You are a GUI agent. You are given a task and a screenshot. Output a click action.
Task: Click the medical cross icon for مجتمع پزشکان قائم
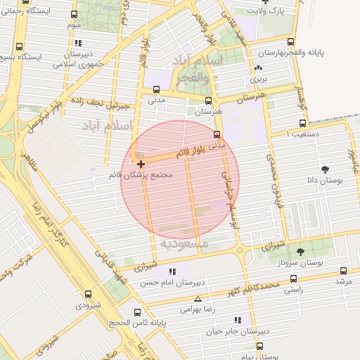point(141,164)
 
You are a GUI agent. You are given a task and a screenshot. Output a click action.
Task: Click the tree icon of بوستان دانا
point(326,169)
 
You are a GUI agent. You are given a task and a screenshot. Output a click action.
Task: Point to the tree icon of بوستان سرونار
point(302,251)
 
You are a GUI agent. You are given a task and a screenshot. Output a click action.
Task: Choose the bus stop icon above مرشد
point(343,271)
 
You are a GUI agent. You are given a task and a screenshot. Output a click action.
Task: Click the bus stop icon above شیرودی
point(88,294)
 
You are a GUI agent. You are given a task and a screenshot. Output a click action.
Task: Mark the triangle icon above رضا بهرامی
point(198,299)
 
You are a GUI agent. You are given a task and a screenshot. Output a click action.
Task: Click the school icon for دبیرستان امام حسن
point(172,271)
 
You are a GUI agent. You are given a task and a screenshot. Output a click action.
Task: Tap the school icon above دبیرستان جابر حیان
point(238,321)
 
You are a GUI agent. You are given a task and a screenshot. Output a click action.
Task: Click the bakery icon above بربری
point(259,68)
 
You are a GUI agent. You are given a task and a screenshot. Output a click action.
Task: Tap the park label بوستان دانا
point(326,181)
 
